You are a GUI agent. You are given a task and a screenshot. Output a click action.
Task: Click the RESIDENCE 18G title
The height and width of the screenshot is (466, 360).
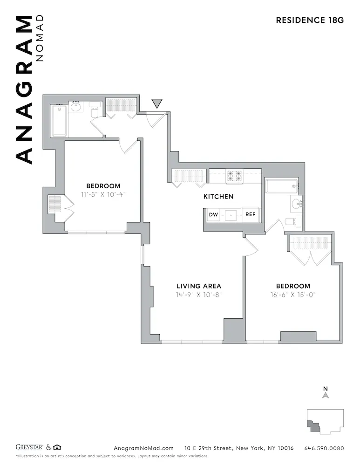[309, 20]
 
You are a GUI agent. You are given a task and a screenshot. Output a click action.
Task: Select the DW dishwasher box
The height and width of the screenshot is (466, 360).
[213, 215]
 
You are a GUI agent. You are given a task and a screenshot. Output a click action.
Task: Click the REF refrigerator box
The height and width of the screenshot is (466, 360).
[250, 215]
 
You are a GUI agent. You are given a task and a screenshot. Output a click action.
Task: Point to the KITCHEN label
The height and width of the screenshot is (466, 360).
[218, 197]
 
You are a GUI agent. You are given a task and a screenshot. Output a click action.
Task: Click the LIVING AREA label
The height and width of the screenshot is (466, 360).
[198, 286]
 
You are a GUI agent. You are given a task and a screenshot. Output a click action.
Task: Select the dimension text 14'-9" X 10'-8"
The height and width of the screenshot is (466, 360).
[198, 295]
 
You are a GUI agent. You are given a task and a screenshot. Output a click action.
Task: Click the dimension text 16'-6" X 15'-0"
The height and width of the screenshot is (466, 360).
[293, 295]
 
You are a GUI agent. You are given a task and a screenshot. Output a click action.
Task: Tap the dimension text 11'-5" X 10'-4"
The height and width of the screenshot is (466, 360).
[103, 194]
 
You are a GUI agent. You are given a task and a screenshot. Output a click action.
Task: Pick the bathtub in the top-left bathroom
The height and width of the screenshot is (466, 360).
[59, 121]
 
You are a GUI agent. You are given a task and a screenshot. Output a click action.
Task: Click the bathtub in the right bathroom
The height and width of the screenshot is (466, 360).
[281, 186]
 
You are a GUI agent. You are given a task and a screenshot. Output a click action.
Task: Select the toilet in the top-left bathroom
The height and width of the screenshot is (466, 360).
[95, 111]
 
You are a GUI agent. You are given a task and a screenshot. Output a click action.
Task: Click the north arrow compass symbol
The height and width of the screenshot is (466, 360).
[326, 395]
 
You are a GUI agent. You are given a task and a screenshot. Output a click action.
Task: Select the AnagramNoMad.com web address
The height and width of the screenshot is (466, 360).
[143, 448]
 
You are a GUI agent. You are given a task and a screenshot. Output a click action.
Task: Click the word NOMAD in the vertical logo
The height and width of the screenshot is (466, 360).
[40, 38]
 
